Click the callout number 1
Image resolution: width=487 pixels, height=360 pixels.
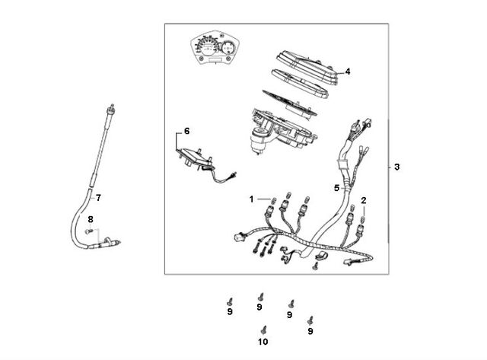[252, 199]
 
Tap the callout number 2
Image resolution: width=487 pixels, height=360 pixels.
[364, 200]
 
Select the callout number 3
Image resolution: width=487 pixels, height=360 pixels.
[397, 167]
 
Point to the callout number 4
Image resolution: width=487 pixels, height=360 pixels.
[348, 72]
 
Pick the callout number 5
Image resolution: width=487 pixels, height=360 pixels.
[337, 188]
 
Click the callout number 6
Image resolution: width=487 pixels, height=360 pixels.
[186, 131]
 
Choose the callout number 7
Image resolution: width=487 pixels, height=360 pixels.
[98, 198]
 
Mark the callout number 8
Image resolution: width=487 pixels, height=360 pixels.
[91, 220]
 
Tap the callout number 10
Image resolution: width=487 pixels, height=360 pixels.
[263, 342]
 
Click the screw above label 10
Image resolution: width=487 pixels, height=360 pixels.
[264, 330]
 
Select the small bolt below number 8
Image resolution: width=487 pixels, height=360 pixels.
[89, 231]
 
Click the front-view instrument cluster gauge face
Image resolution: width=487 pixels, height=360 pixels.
[215, 48]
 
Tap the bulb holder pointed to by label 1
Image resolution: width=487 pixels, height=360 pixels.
[269, 212]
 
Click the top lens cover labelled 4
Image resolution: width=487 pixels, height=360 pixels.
[307, 68]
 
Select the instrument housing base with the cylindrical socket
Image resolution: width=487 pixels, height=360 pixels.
[281, 132]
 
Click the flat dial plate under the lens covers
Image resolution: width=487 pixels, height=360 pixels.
[289, 103]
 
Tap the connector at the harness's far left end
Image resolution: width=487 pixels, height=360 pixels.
[239, 237]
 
